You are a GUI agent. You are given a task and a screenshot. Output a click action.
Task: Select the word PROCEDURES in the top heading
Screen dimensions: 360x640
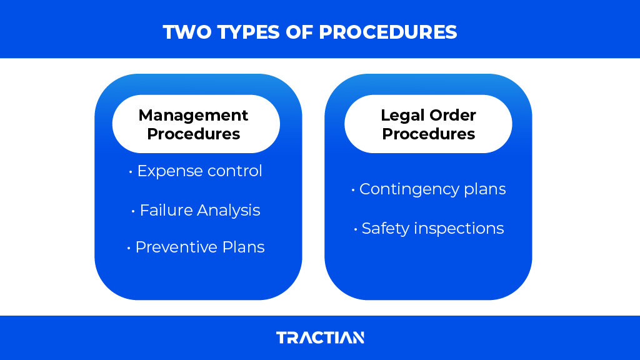tap(388, 32)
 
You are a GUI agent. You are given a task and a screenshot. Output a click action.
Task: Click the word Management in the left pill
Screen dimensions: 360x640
tap(193, 115)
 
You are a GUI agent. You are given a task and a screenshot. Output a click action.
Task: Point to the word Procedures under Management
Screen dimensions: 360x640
tap(193, 134)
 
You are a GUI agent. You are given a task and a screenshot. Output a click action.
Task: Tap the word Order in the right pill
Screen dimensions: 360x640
tap(452, 115)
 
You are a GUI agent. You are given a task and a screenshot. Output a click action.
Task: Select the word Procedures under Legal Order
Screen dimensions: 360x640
tap(429, 134)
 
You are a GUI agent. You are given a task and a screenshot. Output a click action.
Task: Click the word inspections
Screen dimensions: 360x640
tap(458, 229)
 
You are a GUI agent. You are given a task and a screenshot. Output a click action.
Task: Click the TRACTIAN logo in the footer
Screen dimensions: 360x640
tap(320, 337)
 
